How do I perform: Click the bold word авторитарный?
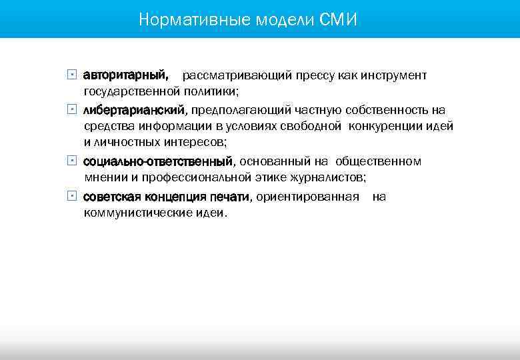click(x=125, y=75)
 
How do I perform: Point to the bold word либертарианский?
click(x=136, y=109)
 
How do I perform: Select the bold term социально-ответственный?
click(x=158, y=161)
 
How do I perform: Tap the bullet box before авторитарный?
click(x=72, y=75)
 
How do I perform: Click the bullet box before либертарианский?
click(x=72, y=109)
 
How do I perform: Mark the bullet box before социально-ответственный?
click(x=72, y=161)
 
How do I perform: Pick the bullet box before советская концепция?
click(x=72, y=196)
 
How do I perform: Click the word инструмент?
click(x=395, y=75)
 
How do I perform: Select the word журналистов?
click(x=328, y=177)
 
